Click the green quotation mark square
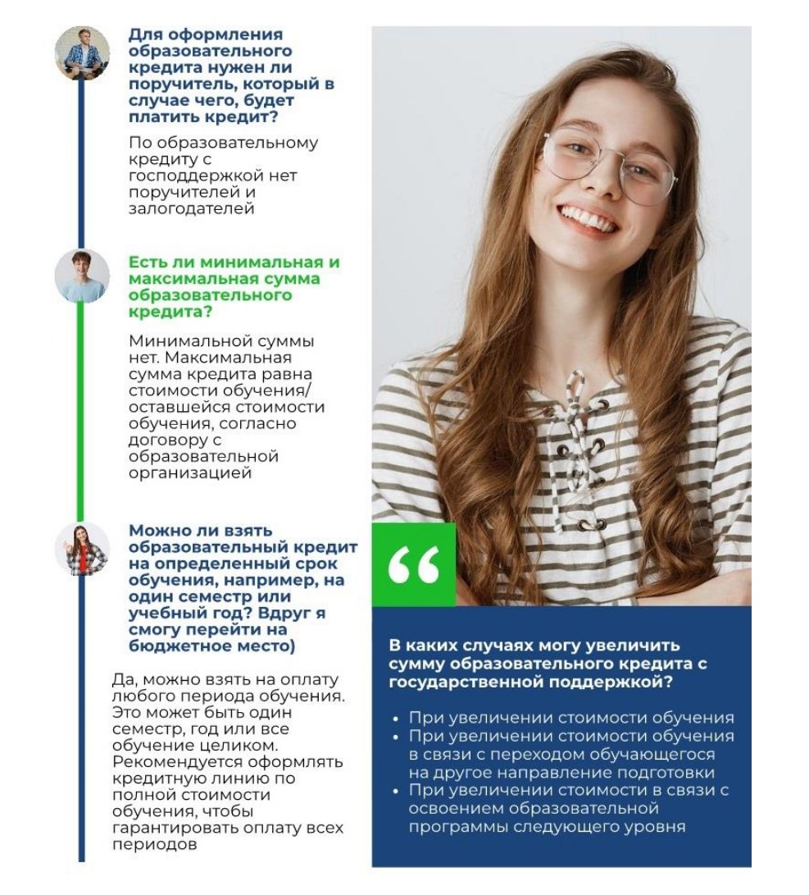coord(413,564)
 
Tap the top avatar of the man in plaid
coord(82,53)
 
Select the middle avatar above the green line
coord(82,276)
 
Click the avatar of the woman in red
coord(82,549)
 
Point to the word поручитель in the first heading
coord(169,84)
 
